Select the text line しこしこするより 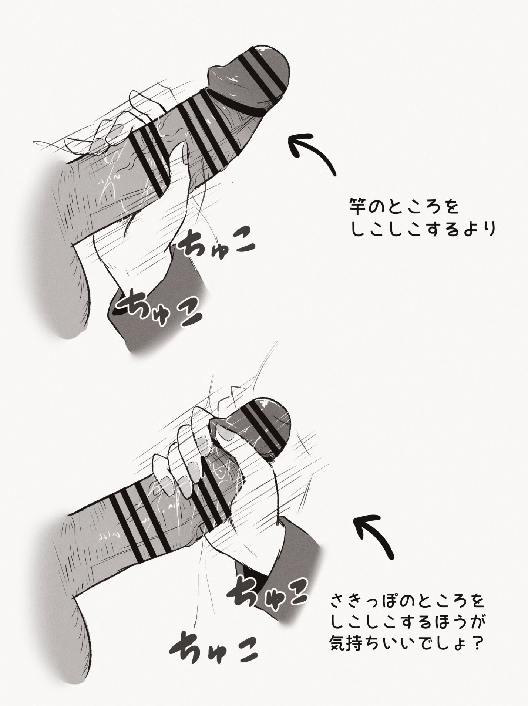coord(422,230)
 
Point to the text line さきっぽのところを coord(407,611)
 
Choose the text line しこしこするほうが coord(407,632)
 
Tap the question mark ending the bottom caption coord(478,653)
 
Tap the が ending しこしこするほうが coord(477,632)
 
